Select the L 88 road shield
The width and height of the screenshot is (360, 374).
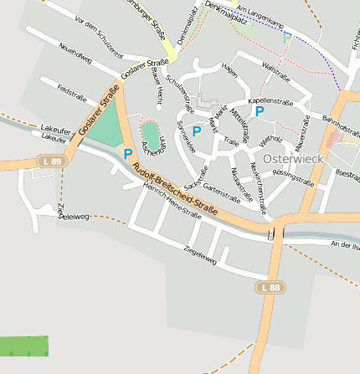coord(270,287)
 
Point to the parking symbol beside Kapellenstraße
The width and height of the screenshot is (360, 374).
coord(260,110)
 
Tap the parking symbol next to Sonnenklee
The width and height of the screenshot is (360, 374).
coord(197,131)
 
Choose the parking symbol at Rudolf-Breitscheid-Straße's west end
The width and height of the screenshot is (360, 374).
coord(128,154)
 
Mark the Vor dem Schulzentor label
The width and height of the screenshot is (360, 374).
coord(92,32)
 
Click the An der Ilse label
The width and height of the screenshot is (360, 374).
coord(343,244)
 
